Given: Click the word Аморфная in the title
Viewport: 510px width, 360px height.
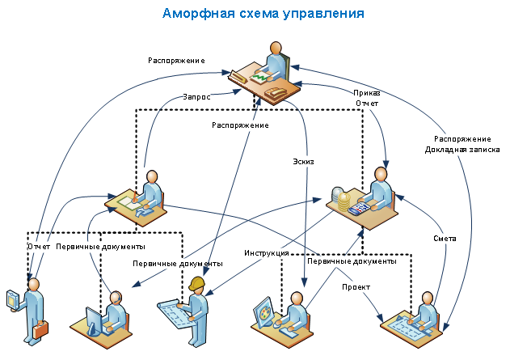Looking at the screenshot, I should coord(196,14).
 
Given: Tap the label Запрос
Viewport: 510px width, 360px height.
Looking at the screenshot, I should coord(196,96).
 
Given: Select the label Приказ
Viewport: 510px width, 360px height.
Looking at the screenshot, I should coord(367,92).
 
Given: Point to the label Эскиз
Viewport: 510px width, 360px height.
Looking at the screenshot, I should coord(302,161).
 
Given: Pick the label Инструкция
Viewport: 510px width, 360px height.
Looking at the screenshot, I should coord(267,253).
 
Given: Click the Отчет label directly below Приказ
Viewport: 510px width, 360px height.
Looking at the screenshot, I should coord(367,103).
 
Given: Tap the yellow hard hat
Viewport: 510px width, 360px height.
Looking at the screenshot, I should coord(196,283).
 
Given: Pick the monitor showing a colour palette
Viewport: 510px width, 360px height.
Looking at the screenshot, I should coord(263,312).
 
